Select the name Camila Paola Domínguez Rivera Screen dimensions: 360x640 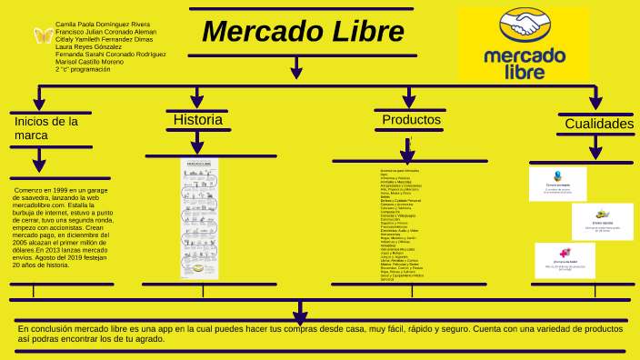coord(102,25)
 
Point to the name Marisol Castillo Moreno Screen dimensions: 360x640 coord(89,61)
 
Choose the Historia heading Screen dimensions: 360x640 coord(197,120)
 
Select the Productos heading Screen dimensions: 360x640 coord(411,120)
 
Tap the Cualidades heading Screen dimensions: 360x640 coord(598,124)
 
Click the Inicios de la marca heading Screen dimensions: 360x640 coord(45,128)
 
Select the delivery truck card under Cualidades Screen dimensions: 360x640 coord(602,221)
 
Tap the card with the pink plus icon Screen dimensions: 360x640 coord(565,260)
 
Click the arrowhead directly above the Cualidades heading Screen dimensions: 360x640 coord(595,101)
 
